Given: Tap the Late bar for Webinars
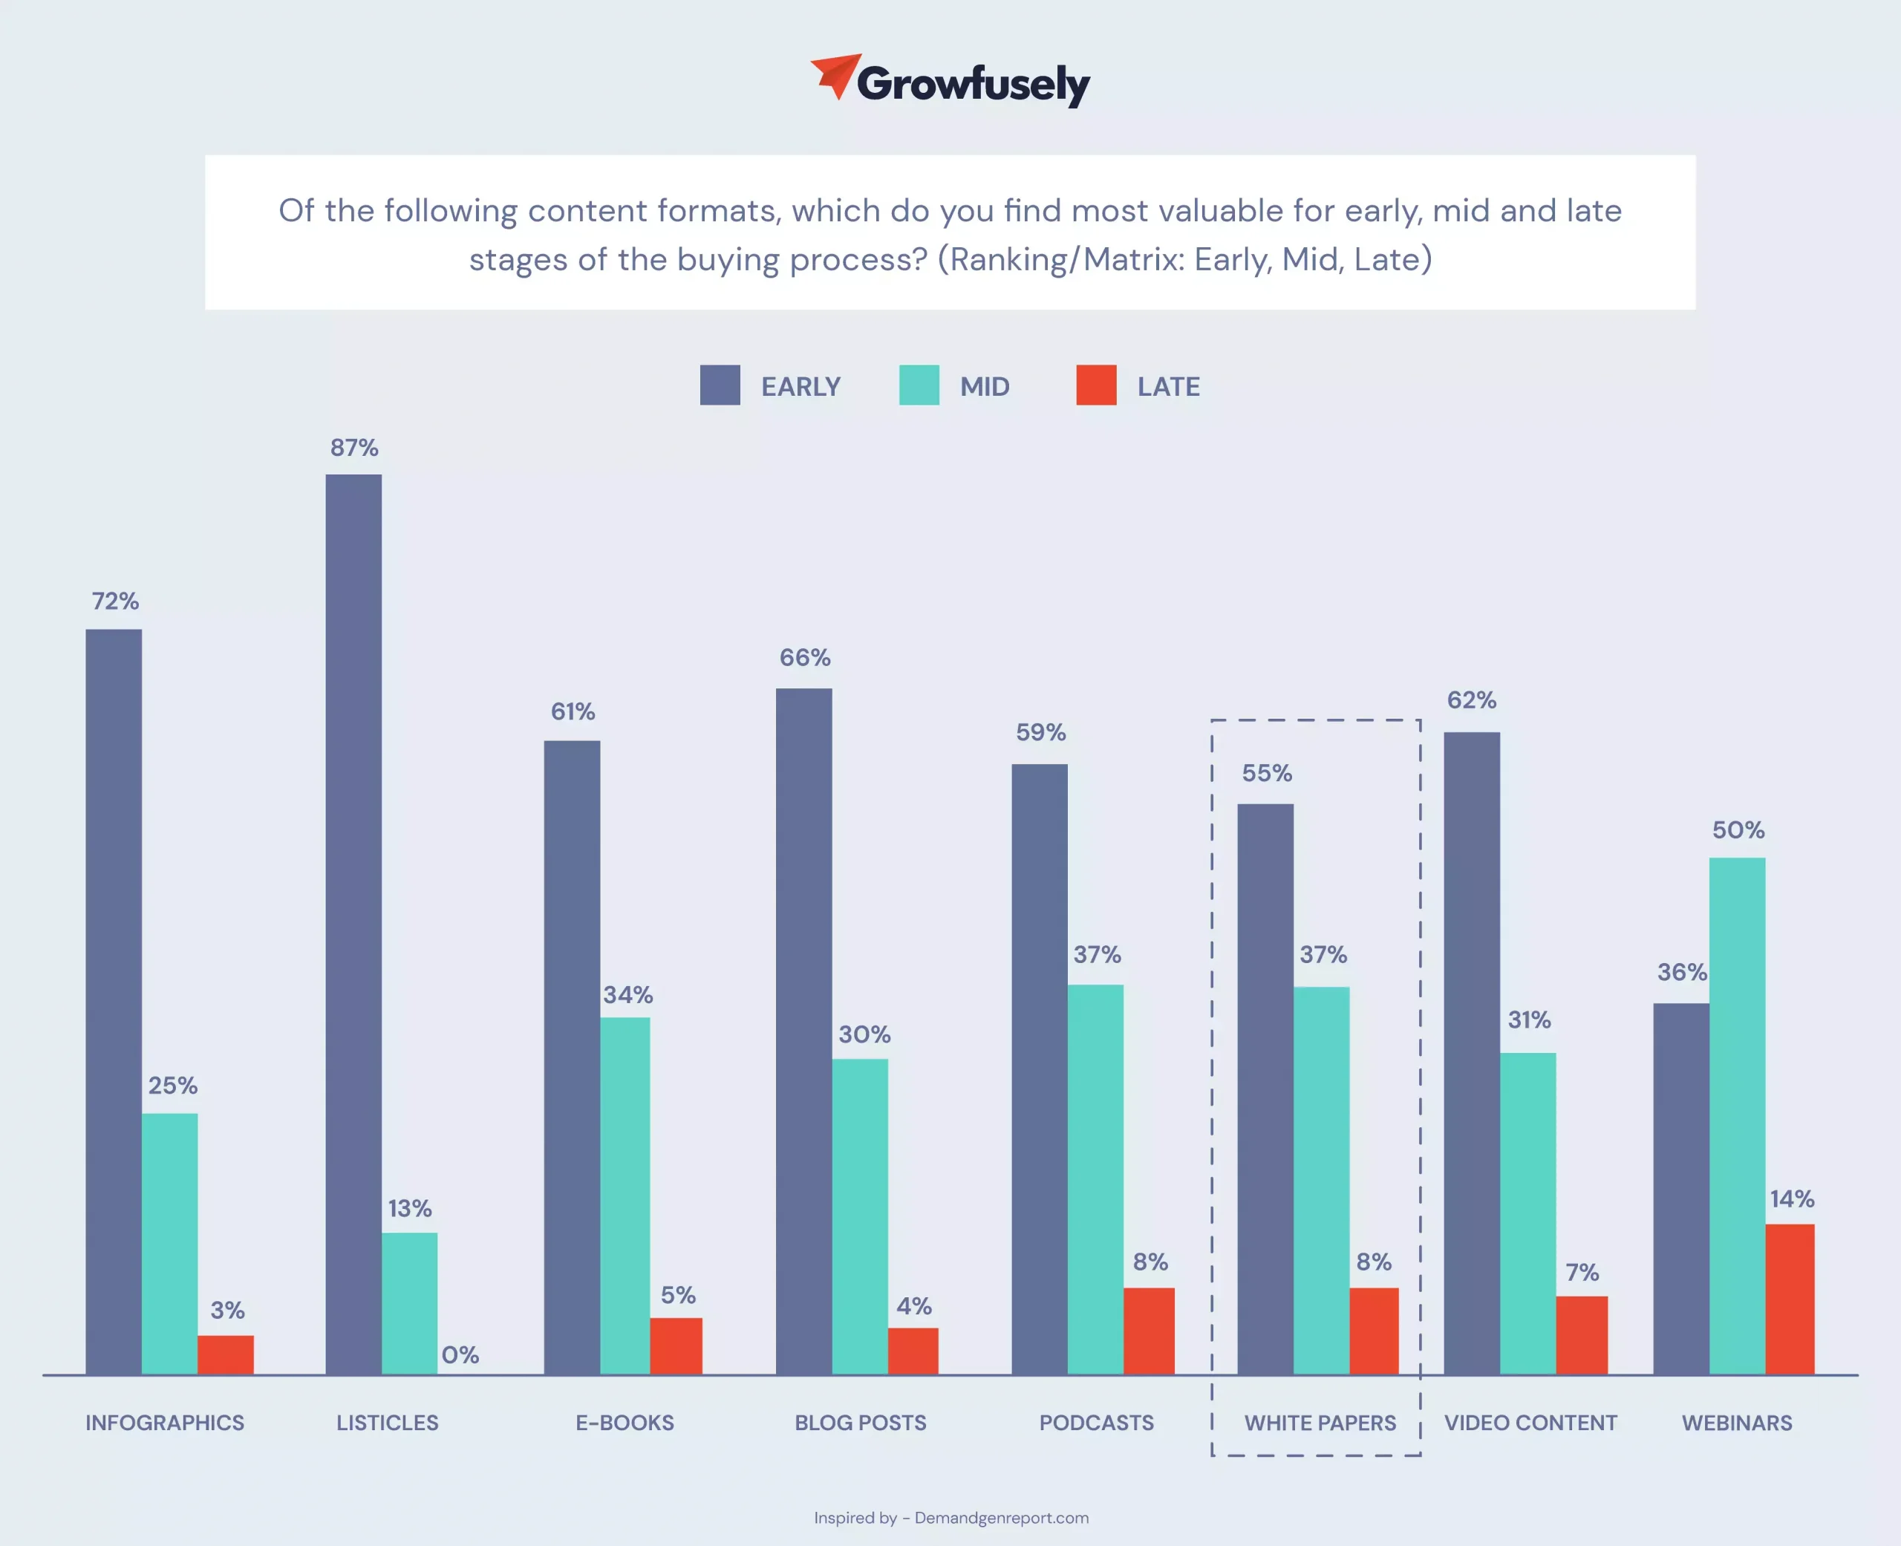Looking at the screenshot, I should [1790, 1299].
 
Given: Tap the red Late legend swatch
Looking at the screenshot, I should [1096, 385].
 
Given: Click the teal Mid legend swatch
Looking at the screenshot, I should [919, 385].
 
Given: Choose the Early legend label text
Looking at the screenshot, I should [800, 386].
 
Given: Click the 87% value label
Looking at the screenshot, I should [354, 447].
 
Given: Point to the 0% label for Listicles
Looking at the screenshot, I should [460, 1354].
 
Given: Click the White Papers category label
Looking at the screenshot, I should [1320, 1423].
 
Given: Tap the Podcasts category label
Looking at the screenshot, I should [1096, 1423].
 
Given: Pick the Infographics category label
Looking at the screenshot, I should [165, 1423].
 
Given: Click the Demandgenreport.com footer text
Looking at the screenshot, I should [1001, 1518].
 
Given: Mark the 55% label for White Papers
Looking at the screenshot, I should [1267, 773].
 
